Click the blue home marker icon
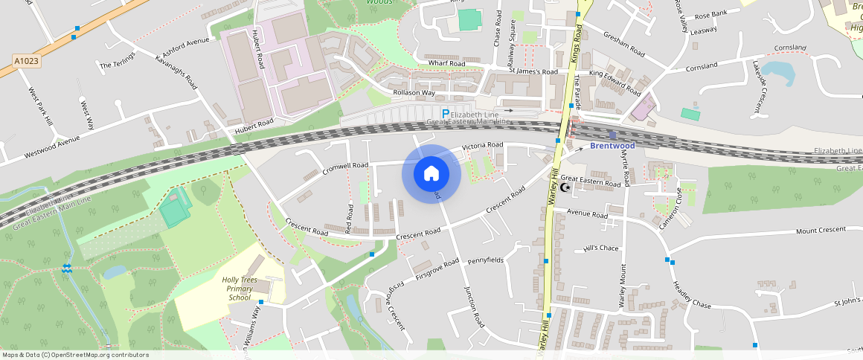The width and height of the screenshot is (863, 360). [x=431, y=173]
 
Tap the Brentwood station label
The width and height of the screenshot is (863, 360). [x=612, y=146]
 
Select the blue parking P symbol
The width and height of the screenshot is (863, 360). [x=446, y=113]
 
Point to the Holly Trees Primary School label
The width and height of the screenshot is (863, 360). [x=240, y=289]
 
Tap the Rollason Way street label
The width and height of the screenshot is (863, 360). [x=414, y=93]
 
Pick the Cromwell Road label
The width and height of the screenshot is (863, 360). [x=346, y=168]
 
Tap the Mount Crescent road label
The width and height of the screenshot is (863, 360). [x=821, y=231]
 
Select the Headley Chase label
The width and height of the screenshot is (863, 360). [x=692, y=294]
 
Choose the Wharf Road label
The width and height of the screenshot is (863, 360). [x=446, y=64]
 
